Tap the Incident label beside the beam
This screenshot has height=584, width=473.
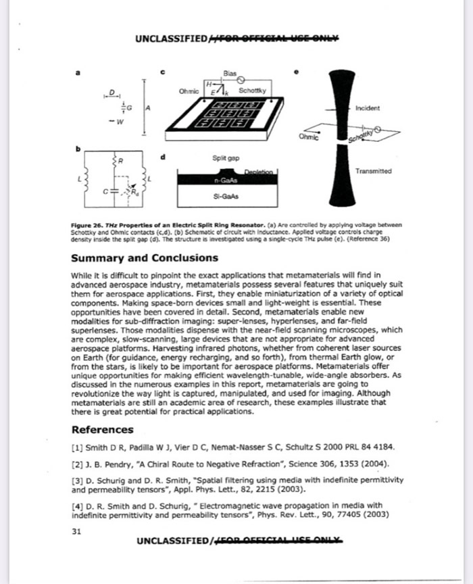click(368, 108)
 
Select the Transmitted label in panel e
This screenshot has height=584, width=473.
click(373, 172)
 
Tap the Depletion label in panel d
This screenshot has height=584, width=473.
click(257, 173)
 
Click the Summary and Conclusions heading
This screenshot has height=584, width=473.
click(145, 258)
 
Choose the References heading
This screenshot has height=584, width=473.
click(102, 429)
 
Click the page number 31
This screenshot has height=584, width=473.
click(76, 531)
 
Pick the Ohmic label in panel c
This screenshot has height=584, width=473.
click(189, 91)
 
